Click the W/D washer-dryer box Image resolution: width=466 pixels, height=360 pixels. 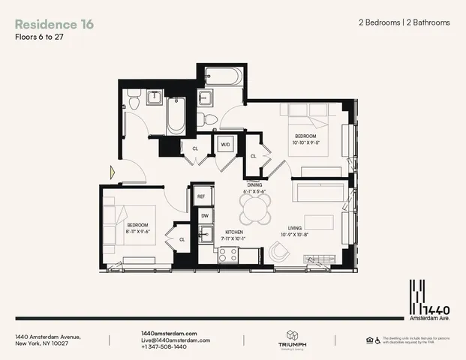(225, 144)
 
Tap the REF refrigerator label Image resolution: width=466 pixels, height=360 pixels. (201, 196)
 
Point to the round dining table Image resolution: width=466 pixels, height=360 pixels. (259, 214)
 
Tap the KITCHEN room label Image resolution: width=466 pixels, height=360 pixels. (235, 232)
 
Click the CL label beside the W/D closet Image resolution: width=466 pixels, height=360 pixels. (195, 148)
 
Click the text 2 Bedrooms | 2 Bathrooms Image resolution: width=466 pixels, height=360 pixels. (404, 22)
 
